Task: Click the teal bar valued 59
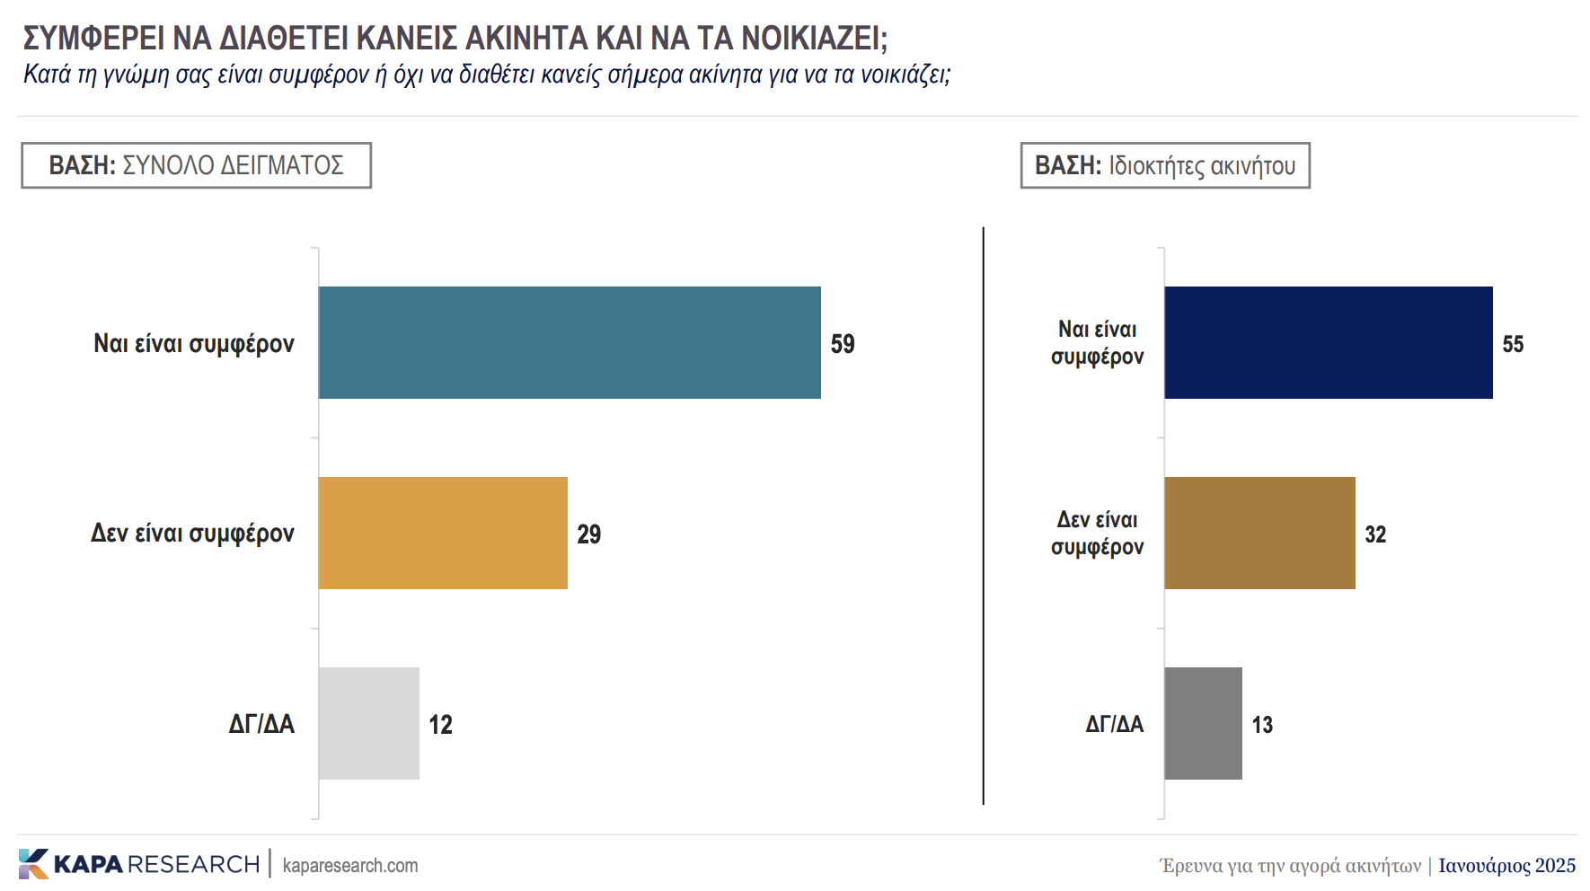tap(570, 342)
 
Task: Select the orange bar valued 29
tap(443, 533)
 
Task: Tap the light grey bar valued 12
tap(368, 723)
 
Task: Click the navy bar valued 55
tap(1328, 342)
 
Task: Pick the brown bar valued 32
tap(1259, 533)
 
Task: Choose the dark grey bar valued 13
tap(1203, 723)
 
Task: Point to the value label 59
tap(843, 344)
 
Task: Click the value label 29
tap(588, 534)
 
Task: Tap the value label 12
tap(440, 725)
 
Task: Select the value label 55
tap(1513, 344)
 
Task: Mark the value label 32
tap(1375, 534)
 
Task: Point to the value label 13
tap(1262, 725)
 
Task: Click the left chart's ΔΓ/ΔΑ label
tap(261, 724)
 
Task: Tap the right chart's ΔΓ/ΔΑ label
tap(1114, 724)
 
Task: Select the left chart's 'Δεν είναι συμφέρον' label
tap(192, 534)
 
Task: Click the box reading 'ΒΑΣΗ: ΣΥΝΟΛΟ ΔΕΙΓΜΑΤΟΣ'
tap(196, 165)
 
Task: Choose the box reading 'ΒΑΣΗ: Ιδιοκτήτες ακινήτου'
tap(1165, 165)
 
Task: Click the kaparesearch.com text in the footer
tap(350, 865)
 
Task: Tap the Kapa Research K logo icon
tap(33, 863)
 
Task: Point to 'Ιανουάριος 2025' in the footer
tap(1506, 865)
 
